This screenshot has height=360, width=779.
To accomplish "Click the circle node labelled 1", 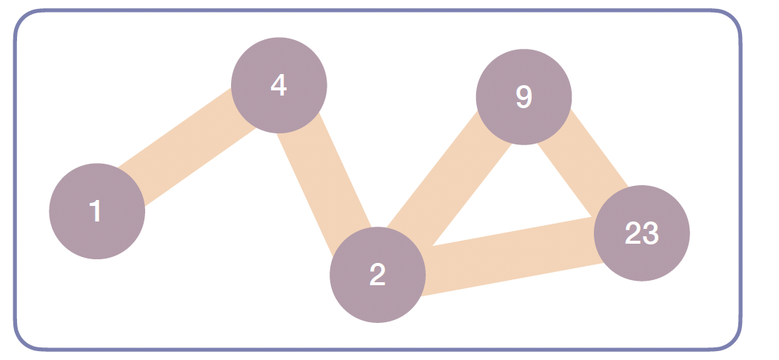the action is coord(97,211).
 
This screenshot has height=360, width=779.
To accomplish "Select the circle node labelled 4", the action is coord(279,85).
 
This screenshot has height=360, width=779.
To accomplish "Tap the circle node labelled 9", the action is coord(524,97).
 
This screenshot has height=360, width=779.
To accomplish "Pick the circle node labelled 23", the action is coord(642,233).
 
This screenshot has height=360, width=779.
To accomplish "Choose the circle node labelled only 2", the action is coord(378,275).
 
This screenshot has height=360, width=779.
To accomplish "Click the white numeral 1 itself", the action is coord(96,211).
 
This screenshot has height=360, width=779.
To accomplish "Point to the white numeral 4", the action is coord(278,85).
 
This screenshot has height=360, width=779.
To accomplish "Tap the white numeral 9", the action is coord(524,97).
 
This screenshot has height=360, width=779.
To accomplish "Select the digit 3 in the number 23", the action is coord(650,233).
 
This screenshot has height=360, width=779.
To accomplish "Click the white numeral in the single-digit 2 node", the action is coord(378,275).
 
